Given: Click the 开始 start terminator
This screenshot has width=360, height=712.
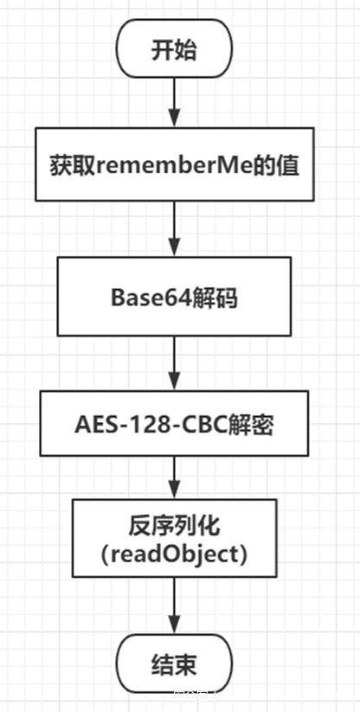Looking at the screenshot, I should [x=174, y=50].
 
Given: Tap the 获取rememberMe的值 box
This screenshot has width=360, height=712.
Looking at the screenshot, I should [x=174, y=164].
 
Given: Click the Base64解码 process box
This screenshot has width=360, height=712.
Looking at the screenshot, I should [x=174, y=296].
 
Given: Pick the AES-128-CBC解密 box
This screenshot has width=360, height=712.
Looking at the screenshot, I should [x=174, y=425].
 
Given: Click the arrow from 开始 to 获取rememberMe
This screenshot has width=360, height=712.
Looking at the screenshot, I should [x=174, y=102].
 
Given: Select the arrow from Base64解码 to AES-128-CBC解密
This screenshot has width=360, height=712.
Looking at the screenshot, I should [x=174, y=363].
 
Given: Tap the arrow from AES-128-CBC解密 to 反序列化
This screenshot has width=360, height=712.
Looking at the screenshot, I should [x=174, y=477].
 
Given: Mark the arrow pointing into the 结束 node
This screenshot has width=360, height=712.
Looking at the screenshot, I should [x=174, y=608].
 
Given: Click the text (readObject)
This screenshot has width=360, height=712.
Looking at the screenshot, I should [x=174, y=555].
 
